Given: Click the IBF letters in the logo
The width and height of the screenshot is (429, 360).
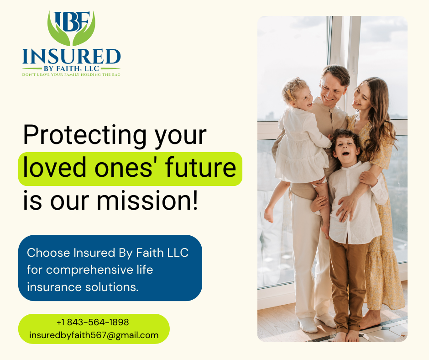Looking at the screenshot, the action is coord(72,21).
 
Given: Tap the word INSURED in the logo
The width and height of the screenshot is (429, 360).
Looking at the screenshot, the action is coord(71,57).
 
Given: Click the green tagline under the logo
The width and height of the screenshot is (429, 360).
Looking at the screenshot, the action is coord(71,74).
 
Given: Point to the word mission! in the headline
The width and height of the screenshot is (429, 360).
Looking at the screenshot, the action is coord(147,201).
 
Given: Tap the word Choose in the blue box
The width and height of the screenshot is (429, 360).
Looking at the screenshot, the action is coord(48,253).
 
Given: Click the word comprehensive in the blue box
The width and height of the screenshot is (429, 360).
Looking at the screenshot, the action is coord(89,270).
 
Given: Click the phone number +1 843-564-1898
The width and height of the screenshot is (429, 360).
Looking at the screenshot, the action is coord(93,322).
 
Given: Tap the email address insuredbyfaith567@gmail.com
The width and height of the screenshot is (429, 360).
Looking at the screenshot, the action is coord(94,335).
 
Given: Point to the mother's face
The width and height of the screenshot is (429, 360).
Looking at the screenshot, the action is coord(362,97).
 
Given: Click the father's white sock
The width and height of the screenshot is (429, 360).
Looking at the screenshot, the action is coord(308,325).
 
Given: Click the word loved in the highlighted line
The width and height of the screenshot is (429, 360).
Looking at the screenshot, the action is coord(55,167).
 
